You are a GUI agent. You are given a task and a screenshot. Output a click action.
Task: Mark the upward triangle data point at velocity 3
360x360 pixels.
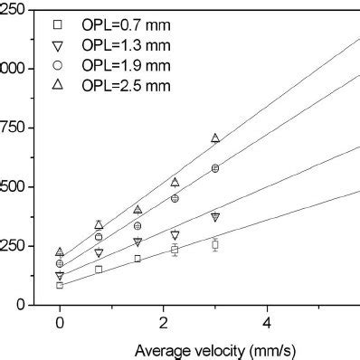(x=215, y=138)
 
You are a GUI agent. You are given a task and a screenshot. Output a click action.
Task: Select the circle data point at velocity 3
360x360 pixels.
(x=215, y=168)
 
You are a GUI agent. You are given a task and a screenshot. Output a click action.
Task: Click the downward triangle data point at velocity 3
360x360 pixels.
(x=215, y=217)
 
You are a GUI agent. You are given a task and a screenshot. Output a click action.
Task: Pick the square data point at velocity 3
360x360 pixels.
(x=215, y=244)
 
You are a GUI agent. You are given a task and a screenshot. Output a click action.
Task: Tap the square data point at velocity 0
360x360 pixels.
(x=60, y=285)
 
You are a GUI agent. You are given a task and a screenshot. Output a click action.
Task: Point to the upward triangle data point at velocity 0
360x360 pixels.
(x=60, y=252)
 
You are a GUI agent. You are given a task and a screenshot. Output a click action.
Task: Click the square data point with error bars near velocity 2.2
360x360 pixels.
(x=175, y=250)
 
